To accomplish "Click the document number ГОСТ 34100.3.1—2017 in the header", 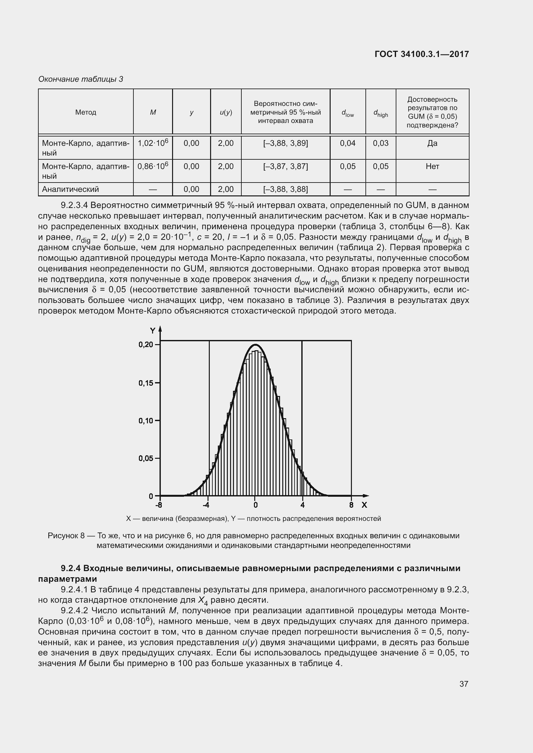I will [x=422, y=54].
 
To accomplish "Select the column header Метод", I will [x=86, y=112].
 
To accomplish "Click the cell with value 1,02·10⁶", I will [x=153, y=143].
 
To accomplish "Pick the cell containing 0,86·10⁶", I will [x=153, y=166].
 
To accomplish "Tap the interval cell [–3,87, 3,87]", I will [x=285, y=166].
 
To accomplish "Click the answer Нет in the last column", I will [x=432, y=166].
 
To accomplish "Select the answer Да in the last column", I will [x=432, y=143].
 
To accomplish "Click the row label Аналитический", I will [x=70, y=189].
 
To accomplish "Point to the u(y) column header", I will [x=226, y=112].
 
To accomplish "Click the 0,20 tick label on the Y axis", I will [x=146, y=344].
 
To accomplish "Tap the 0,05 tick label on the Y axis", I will [x=146, y=458].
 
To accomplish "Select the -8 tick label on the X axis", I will [x=159, y=505].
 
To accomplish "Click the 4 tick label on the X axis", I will [x=302, y=505].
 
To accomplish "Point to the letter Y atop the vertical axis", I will [x=153, y=330].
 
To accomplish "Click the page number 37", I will [x=463, y=684].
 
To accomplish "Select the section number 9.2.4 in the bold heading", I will [x=72, y=568].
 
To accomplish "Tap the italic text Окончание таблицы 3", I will [x=81, y=79].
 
